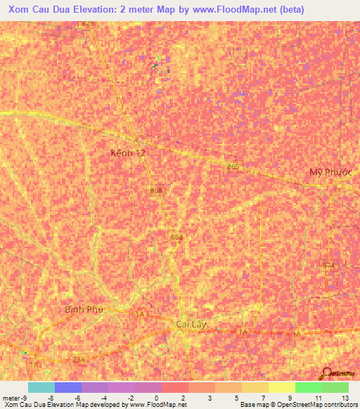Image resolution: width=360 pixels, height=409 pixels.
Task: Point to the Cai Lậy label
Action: click(191, 325)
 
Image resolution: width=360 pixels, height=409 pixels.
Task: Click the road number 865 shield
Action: click(233, 166)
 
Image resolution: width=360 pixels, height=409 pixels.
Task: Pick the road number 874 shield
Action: click(328, 265)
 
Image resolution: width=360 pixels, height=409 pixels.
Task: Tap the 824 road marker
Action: click(87, 23)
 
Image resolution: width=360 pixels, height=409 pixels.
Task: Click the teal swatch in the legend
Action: click(41, 387)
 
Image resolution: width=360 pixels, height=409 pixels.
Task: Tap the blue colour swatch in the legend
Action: click(67, 387)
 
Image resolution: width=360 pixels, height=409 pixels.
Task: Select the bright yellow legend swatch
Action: click(281, 387)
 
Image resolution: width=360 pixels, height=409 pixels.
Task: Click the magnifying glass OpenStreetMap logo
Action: click(327, 373)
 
